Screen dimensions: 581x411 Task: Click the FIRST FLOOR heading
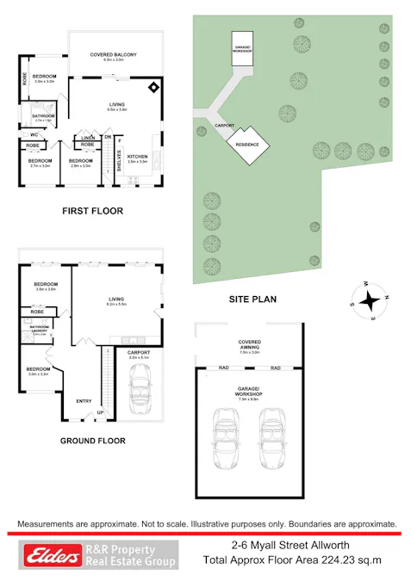(x=93, y=211)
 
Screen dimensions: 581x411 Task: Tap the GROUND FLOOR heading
(x=93, y=441)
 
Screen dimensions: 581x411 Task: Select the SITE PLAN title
(x=252, y=300)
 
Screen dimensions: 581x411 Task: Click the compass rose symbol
(x=370, y=301)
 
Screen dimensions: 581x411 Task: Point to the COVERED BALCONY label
(x=114, y=56)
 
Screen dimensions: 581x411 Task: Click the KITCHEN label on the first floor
(x=138, y=158)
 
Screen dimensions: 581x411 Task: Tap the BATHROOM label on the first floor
(x=44, y=116)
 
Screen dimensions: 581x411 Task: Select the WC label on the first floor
(x=32, y=135)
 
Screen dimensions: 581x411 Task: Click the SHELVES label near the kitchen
(x=119, y=160)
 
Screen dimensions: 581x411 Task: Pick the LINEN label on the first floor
(x=89, y=138)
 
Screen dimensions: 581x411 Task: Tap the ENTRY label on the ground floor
(x=84, y=401)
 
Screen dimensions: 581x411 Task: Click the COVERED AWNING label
(x=250, y=345)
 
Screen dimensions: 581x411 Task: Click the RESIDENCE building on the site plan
(x=246, y=145)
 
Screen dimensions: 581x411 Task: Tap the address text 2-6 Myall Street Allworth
(x=291, y=545)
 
